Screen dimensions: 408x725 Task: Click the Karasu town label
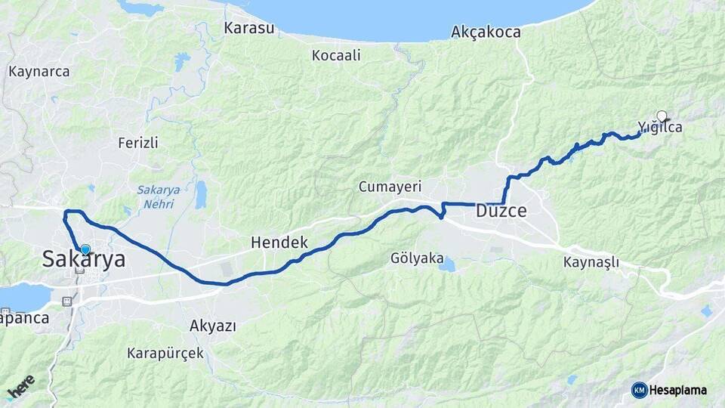click(x=247, y=28)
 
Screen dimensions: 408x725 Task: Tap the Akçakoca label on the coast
click(x=486, y=32)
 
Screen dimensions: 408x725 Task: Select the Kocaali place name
click(x=336, y=55)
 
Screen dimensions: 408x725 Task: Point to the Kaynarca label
click(x=39, y=72)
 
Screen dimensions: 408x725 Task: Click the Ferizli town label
click(x=138, y=142)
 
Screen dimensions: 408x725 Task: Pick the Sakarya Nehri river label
click(x=156, y=196)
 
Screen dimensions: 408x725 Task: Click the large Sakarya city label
click(x=83, y=260)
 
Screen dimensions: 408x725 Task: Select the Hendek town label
click(x=279, y=243)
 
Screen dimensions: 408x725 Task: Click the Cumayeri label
click(x=390, y=186)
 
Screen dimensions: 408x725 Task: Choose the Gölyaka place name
click(x=417, y=258)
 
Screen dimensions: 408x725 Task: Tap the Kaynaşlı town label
click(x=591, y=262)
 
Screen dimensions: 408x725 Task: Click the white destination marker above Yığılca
click(x=662, y=116)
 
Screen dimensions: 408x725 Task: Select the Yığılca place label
click(x=660, y=128)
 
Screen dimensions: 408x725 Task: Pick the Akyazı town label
click(x=214, y=326)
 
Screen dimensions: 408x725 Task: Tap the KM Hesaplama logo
click(x=669, y=390)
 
